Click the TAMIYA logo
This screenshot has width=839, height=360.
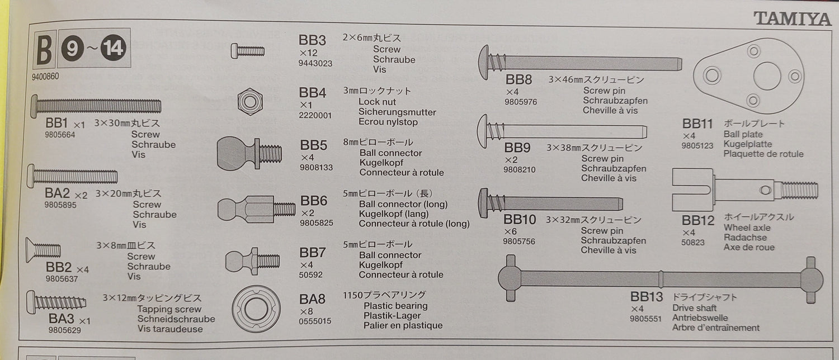792,18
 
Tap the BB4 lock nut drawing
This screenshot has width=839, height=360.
250,101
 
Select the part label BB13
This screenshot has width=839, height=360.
646,297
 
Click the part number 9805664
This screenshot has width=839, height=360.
60,135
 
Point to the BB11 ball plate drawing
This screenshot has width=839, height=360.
748,75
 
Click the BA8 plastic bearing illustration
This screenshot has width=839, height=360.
256,309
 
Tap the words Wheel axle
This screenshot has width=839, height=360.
747,228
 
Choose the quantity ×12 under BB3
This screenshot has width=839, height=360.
308,53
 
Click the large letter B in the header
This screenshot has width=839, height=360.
45,50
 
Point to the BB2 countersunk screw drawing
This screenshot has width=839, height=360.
43,250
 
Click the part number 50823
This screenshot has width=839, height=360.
692,243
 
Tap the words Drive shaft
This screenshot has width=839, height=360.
694,308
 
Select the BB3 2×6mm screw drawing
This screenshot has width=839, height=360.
247,51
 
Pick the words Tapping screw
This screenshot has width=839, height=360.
169,309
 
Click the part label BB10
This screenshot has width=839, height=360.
520,219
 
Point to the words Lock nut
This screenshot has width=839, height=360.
377,102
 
